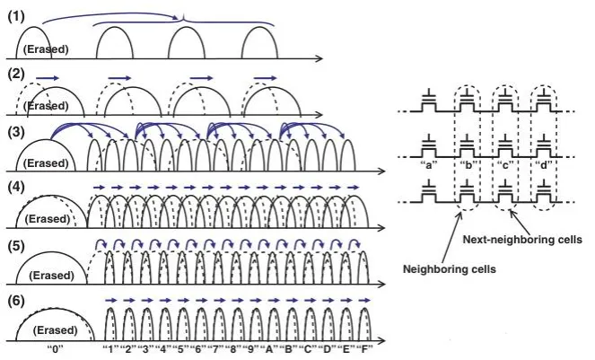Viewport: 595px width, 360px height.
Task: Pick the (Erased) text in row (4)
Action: [44, 217]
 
